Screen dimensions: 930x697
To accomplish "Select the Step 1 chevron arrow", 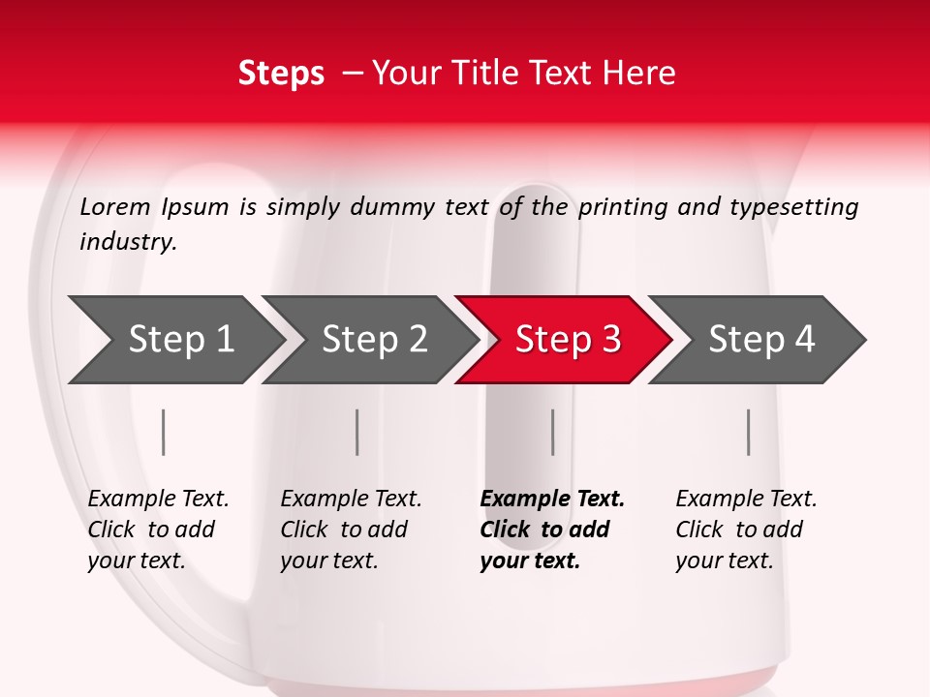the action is pyautogui.click(x=176, y=340).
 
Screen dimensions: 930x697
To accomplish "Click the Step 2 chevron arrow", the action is pyautogui.click(x=369, y=340).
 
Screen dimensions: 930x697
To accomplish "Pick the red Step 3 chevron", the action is pyautogui.click(x=563, y=340).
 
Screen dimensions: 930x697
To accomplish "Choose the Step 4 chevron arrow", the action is pyautogui.click(x=757, y=340).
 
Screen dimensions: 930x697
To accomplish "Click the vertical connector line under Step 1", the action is pyautogui.click(x=163, y=432).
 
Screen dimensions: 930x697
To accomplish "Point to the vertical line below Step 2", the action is pyautogui.click(x=357, y=432).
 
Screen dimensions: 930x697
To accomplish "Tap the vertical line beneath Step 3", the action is pyautogui.click(x=553, y=432).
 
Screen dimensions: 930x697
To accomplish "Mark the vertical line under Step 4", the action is pyautogui.click(x=749, y=432).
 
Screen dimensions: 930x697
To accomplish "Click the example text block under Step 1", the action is pyautogui.click(x=158, y=530).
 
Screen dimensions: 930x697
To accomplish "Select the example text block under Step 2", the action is pyautogui.click(x=351, y=530).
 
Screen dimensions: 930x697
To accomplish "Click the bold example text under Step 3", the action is pyautogui.click(x=552, y=530).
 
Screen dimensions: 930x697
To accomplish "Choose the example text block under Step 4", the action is pyautogui.click(x=746, y=530).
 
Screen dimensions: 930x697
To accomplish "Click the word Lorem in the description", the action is pyautogui.click(x=115, y=207).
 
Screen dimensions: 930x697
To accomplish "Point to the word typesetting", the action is pyautogui.click(x=794, y=208).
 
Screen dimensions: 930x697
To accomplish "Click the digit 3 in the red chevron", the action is pyautogui.click(x=611, y=339).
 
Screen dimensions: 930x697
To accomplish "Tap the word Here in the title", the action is pyautogui.click(x=638, y=73).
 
